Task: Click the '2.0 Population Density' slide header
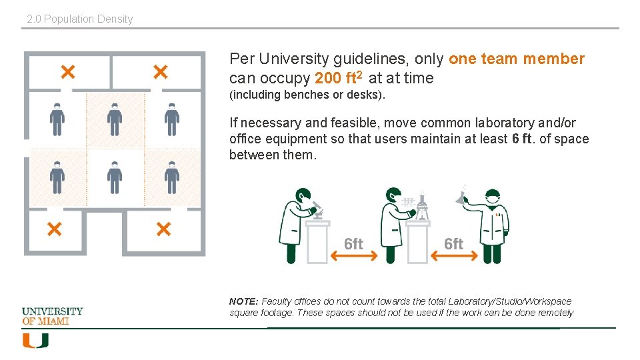(80, 19)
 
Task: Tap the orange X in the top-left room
(68, 72)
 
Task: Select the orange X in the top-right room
(161, 72)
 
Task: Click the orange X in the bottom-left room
(54, 229)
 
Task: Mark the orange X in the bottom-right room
(163, 229)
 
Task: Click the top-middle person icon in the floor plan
(115, 119)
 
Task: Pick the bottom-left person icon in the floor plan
(57, 177)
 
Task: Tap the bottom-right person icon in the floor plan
(172, 177)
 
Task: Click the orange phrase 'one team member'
(517, 59)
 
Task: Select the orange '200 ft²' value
(339, 77)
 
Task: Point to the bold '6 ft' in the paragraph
(521, 139)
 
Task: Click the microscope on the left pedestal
(317, 210)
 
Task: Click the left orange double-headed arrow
(354, 256)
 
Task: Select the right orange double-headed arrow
(454, 256)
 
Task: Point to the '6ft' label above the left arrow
(353, 244)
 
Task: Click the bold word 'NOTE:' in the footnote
(244, 301)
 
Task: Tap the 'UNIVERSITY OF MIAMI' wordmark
(52, 316)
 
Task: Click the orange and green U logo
(35, 341)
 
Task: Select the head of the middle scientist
(394, 195)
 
